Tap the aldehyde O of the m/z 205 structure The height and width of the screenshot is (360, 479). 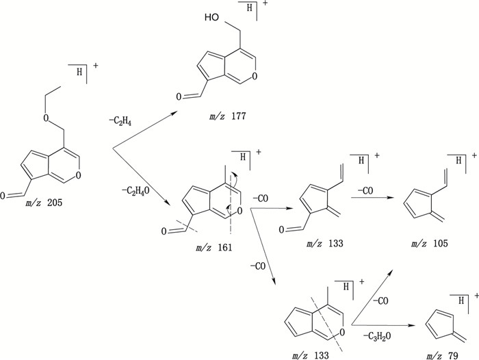coord(5,196)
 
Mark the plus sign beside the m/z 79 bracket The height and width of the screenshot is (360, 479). coord(473,296)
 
